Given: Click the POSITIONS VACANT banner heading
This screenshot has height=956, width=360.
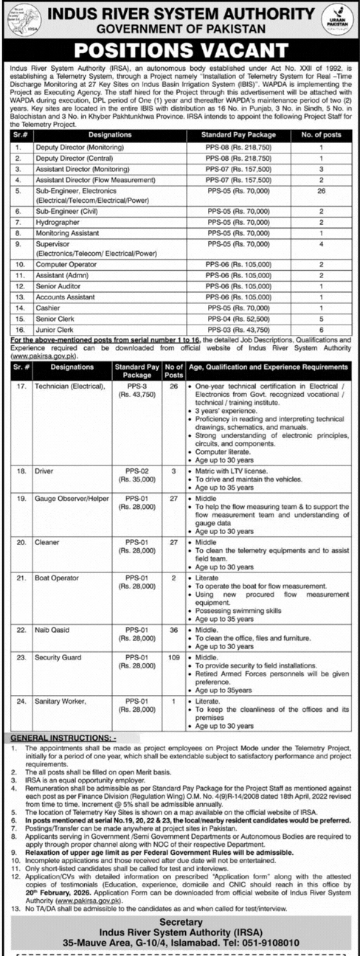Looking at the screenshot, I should pos(180,50).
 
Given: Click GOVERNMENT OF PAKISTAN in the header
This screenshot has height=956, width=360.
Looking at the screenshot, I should pos(180,29).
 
